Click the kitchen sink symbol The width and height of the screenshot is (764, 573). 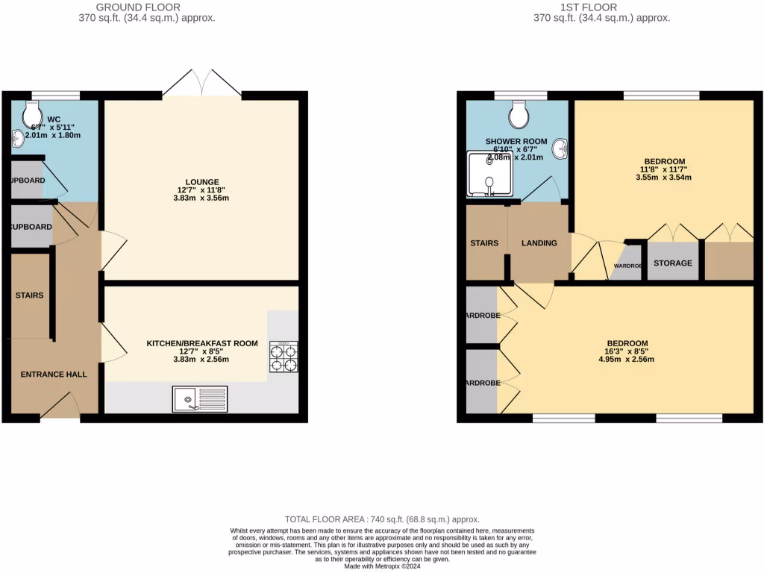click(x=199, y=399)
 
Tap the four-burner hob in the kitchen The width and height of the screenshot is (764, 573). click(x=284, y=357)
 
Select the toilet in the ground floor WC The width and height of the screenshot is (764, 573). click(x=34, y=113)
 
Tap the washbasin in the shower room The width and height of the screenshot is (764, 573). click(x=560, y=150)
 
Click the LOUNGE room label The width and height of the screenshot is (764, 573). click(x=202, y=182)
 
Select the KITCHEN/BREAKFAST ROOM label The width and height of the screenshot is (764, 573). click(x=202, y=344)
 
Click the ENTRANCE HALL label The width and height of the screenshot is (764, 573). click(x=52, y=375)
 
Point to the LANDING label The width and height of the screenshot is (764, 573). click(x=539, y=243)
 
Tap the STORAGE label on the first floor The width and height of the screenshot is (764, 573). click(x=673, y=263)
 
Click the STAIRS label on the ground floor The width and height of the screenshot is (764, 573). click(x=30, y=295)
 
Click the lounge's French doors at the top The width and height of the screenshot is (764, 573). click(x=201, y=84)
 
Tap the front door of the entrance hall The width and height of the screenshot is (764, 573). click(x=60, y=407)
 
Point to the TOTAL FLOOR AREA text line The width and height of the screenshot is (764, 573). click(x=382, y=519)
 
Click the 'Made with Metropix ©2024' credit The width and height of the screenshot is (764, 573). click(x=382, y=566)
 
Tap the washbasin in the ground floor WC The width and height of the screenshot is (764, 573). click(x=18, y=138)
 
